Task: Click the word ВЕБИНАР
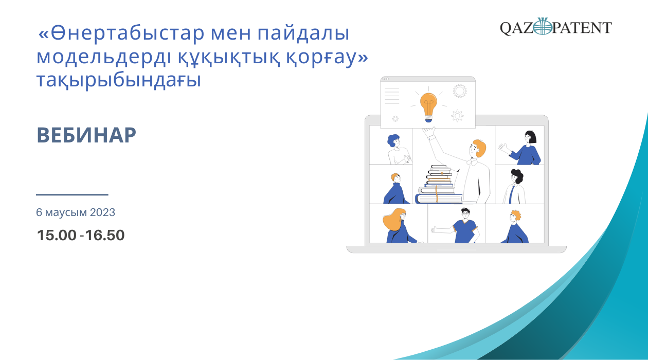[x=86, y=135]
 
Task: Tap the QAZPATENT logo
[x=556, y=27]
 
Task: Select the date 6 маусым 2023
[x=76, y=212]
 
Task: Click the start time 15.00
[x=57, y=235]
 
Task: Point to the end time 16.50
[x=105, y=235]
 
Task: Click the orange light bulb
[x=428, y=107]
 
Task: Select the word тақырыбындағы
[x=119, y=80]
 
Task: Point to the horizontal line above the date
[x=72, y=195]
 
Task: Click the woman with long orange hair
[x=399, y=225]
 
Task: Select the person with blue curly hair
[x=398, y=149]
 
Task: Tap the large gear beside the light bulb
[x=460, y=91]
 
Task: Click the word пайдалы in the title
[x=303, y=33]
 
